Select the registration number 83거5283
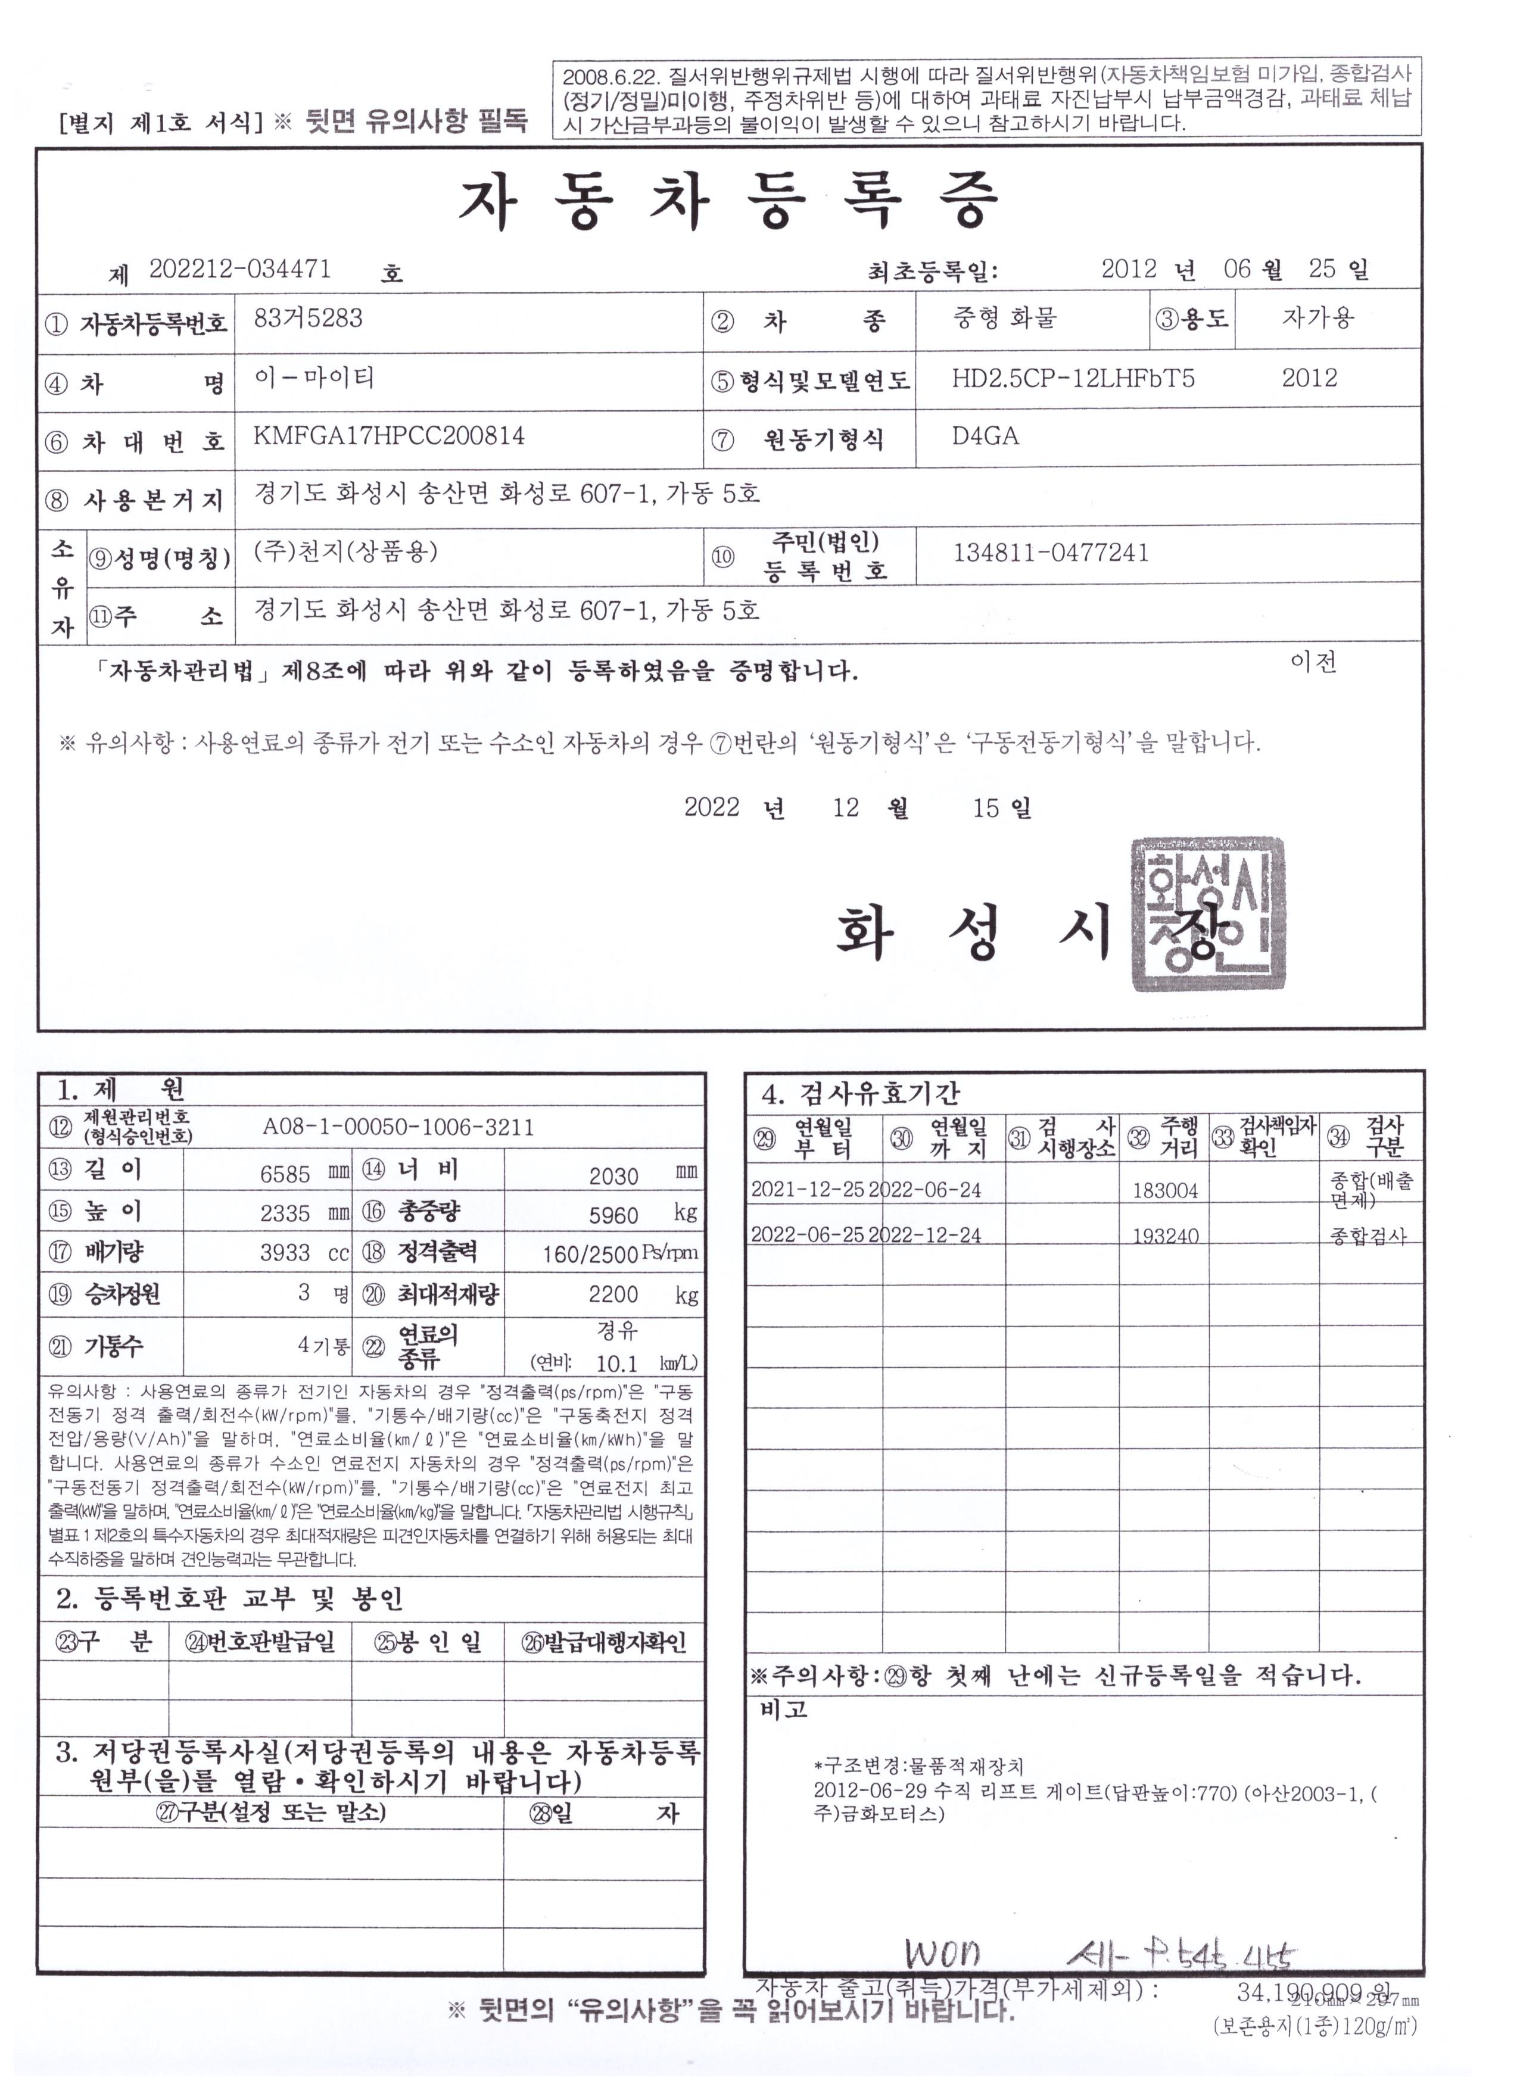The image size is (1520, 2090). (x=308, y=319)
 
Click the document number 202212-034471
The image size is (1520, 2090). (x=239, y=269)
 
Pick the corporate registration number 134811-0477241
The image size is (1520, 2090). (x=1051, y=553)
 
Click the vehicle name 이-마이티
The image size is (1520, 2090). (x=313, y=378)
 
